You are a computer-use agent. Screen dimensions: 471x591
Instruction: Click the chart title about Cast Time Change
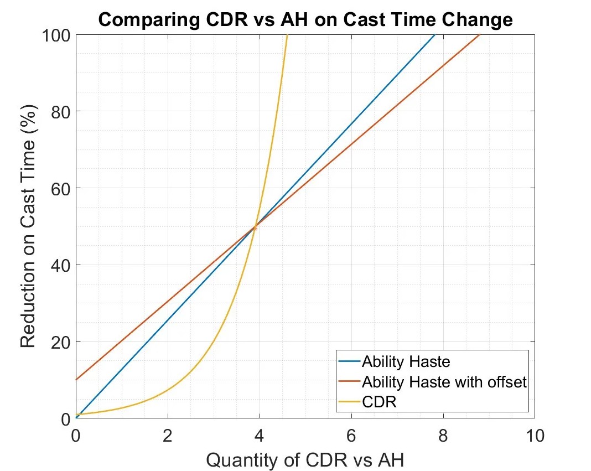(x=305, y=20)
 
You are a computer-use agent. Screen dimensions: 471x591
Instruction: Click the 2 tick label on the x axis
(x=168, y=436)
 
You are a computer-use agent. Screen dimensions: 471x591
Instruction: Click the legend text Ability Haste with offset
(x=444, y=382)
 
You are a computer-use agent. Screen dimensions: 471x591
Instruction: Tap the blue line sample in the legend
(x=350, y=362)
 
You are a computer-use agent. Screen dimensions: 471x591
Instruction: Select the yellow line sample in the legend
(x=350, y=402)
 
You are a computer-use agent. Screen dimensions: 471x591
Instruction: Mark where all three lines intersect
(x=255, y=226)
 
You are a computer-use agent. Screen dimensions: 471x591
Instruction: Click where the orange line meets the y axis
(x=76, y=380)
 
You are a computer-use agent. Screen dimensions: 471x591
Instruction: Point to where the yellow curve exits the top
(x=287, y=35)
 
